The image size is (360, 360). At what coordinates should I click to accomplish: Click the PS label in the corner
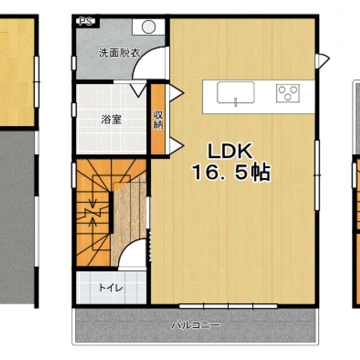tap(85, 21)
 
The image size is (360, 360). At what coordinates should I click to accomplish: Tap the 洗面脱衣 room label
tap(119, 53)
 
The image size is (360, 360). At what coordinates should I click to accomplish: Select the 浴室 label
tap(111, 120)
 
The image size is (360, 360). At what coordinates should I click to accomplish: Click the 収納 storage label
tap(158, 120)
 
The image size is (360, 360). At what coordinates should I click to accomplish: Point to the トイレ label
tap(111, 288)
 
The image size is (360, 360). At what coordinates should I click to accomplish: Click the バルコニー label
tap(196, 325)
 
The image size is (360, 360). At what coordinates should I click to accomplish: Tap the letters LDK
tap(230, 151)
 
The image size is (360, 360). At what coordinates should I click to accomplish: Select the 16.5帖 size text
tap(231, 172)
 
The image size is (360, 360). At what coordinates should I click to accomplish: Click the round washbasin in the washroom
tap(148, 27)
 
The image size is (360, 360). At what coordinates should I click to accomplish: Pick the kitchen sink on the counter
tap(235, 92)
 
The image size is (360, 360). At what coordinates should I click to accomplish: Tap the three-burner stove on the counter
tap(288, 93)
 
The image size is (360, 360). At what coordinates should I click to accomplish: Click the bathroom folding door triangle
tap(138, 90)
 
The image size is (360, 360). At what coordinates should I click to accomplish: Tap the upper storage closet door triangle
tap(176, 93)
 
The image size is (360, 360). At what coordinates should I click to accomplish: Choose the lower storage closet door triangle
tap(176, 145)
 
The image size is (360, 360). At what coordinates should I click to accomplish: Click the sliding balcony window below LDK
tap(228, 306)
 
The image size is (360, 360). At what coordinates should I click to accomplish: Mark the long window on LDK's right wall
tap(317, 175)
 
